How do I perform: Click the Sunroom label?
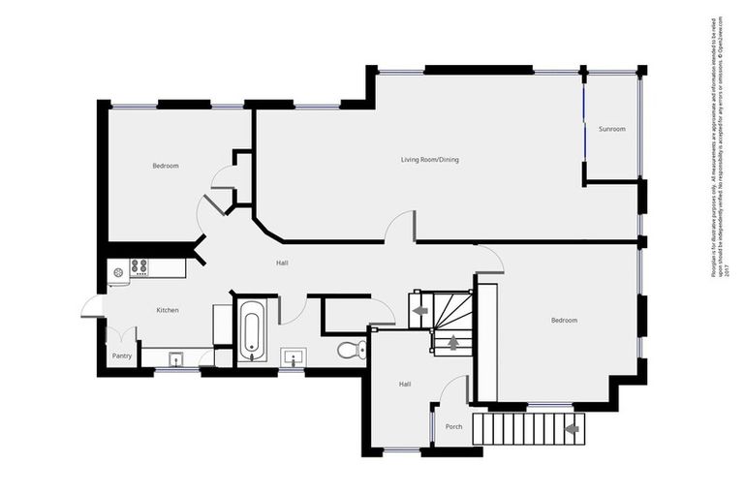coord(611,129)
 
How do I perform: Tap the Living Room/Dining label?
coord(430,159)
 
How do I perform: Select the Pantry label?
coord(121,356)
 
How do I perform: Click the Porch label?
coord(453,426)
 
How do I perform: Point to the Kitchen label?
coord(168,310)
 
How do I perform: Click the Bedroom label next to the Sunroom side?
coord(564,320)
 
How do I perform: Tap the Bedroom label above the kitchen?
coord(165,166)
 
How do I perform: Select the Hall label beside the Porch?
coord(405,385)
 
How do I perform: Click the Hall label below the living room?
coord(282,263)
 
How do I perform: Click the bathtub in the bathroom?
coord(251,329)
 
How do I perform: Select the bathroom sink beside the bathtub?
coord(294,357)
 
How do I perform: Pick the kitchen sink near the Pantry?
coord(176,359)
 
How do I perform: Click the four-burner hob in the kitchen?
coord(139,266)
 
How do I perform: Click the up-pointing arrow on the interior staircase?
coord(451,342)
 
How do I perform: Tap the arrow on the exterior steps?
coord(572,427)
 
